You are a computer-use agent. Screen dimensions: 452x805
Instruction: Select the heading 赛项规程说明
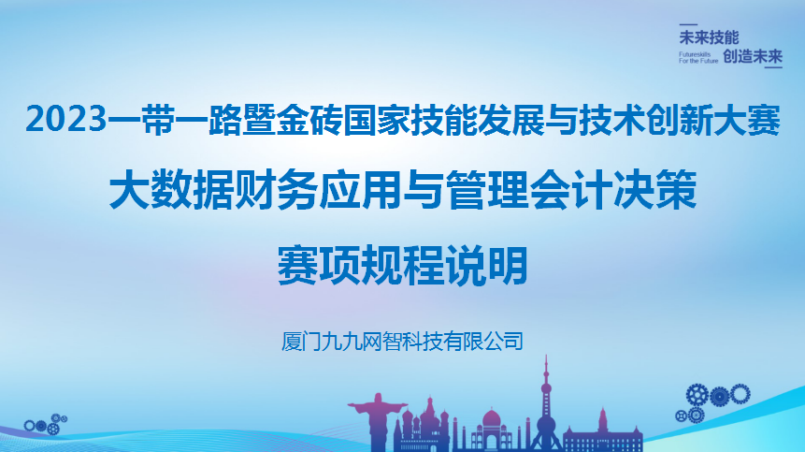(x=403, y=263)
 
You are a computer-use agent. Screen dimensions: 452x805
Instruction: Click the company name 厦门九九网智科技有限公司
(x=402, y=338)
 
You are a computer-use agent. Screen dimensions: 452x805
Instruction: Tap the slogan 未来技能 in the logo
(x=709, y=37)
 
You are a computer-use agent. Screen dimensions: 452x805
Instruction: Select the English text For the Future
(x=698, y=62)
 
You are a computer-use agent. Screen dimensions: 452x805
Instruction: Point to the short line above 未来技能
(x=689, y=23)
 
